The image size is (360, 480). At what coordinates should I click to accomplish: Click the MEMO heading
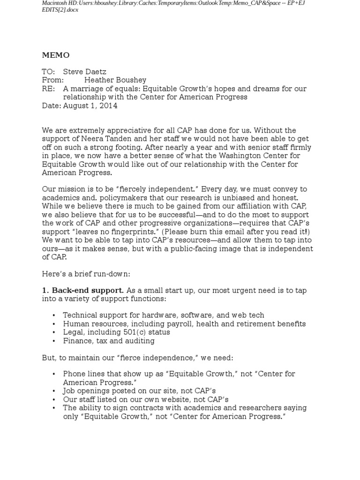coord(55,55)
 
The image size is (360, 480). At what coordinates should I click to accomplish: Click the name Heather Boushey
coord(115,80)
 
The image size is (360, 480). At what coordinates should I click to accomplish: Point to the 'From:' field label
coord(52,80)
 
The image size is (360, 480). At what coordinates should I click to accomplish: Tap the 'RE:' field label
coord(48,89)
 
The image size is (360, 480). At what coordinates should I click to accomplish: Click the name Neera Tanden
coord(100,139)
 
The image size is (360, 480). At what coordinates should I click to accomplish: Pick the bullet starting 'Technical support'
coord(163,315)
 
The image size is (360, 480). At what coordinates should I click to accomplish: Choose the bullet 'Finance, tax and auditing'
coord(109,340)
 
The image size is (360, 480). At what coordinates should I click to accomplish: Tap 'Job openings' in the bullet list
coord(84,390)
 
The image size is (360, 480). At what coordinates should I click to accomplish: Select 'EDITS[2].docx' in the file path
coord(60,10)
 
